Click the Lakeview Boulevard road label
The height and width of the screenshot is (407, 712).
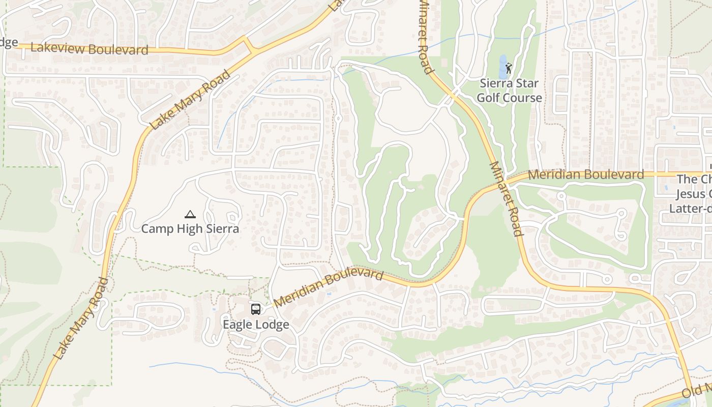click(x=90, y=49)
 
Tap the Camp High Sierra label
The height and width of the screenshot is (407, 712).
click(x=190, y=229)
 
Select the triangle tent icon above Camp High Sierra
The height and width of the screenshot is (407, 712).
click(x=190, y=215)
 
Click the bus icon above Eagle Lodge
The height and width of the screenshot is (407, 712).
click(x=256, y=309)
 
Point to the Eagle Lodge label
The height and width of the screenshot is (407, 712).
click(x=256, y=325)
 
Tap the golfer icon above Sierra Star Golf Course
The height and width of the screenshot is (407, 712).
click(x=509, y=68)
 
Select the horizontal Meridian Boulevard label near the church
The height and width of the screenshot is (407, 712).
click(x=586, y=175)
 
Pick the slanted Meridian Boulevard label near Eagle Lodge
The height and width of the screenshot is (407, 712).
click(x=328, y=288)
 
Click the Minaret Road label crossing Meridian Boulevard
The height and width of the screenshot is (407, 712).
click(x=506, y=199)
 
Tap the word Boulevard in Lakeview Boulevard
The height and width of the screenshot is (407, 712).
click(x=117, y=50)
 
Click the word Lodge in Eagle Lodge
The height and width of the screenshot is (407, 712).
click(x=272, y=325)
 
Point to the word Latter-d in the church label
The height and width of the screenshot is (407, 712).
click(x=690, y=208)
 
